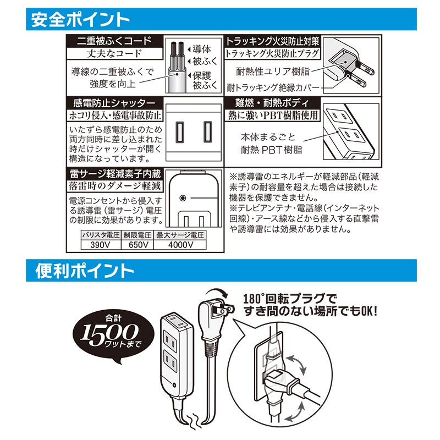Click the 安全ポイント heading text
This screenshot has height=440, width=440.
pyautogui.click(x=80, y=20)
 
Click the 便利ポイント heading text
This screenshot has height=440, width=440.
pyautogui.click(x=85, y=271)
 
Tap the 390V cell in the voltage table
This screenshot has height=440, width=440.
pyautogui.click(x=101, y=245)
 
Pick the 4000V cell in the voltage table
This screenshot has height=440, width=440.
pyautogui.click(x=180, y=245)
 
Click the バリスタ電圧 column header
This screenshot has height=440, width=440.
pyautogui.click(x=101, y=235)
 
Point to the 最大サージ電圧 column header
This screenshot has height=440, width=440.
pyautogui.click(x=180, y=235)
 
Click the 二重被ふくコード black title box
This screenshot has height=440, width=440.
pyautogui.click(x=114, y=41)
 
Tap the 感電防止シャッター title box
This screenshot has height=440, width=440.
pyautogui.click(x=114, y=103)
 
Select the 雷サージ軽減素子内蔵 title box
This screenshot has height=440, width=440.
pyautogui.click(x=114, y=174)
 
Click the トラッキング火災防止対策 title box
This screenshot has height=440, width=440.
pyautogui.click(x=272, y=41)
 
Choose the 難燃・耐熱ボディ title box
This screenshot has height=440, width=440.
pyautogui.click(x=272, y=103)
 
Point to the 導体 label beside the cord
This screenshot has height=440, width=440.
pyautogui.click(x=202, y=50)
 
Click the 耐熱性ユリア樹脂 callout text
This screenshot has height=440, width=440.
pyautogui.click(x=273, y=71)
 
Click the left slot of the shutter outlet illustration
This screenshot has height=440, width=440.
pyautogui.click(x=180, y=132)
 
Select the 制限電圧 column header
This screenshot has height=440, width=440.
pyautogui.click(x=137, y=235)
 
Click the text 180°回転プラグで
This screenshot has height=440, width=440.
pyautogui.click(x=290, y=299)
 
